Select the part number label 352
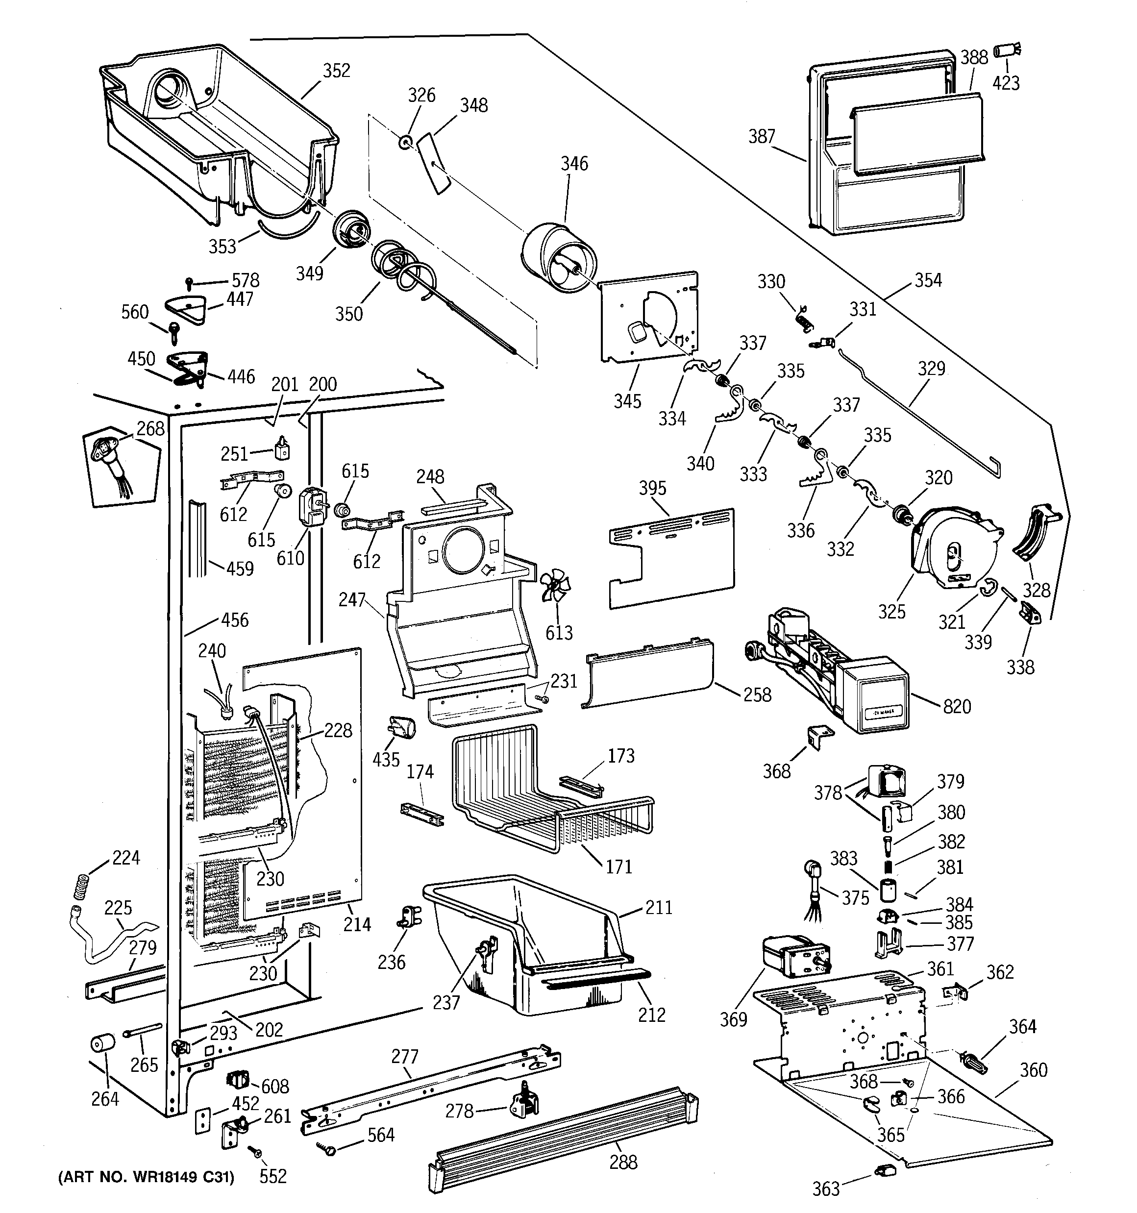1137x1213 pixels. tap(336, 71)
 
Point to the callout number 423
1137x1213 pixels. tap(1006, 83)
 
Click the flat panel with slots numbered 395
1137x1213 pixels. tap(671, 558)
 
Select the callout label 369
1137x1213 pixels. tap(733, 1019)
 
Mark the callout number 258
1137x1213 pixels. tap(757, 695)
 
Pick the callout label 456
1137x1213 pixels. tap(235, 620)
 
